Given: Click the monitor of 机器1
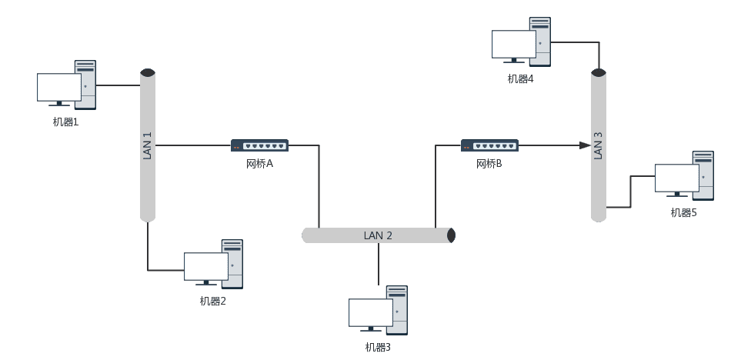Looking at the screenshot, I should pyautogui.click(x=59, y=87).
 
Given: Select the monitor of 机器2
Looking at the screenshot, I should pyautogui.click(x=206, y=266).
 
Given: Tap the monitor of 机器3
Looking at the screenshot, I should pyautogui.click(x=371, y=312).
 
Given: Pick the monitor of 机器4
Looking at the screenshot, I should pyautogui.click(x=514, y=44).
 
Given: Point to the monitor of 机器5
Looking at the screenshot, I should pyautogui.click(x=677, y=178).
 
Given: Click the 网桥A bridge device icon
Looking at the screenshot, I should pyautogui.click(x=259, y=145).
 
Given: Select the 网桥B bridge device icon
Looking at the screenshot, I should pyautogui.click(x=489, y=145).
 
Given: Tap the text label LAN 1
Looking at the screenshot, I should pyautogui.click(x=148, y=145).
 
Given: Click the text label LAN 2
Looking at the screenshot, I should pyautogui.click(x=378, y=235).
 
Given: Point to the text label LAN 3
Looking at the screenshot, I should pyautogui.click(x=599, y=145).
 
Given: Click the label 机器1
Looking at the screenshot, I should pyautogui.click(x=65, y=122).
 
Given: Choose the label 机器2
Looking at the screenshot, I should pyautogui.click(x=212, y=301).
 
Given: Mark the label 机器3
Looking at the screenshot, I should pyautogui.click(x=378, y=347).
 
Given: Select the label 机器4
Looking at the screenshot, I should pyautogui.click(x=520, y=78).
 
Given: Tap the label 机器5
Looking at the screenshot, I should pyautogui.click(x=683, y=212).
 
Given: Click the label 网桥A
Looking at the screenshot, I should pyautogui.click(x=259, y=164).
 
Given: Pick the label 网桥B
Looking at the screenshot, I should pyautogui.click(x=489, y=164).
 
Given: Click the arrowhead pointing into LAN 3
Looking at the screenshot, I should pyautogui.click(x=586, y=145).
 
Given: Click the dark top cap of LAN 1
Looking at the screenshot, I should pyautogui.click(x=148, y=73).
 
